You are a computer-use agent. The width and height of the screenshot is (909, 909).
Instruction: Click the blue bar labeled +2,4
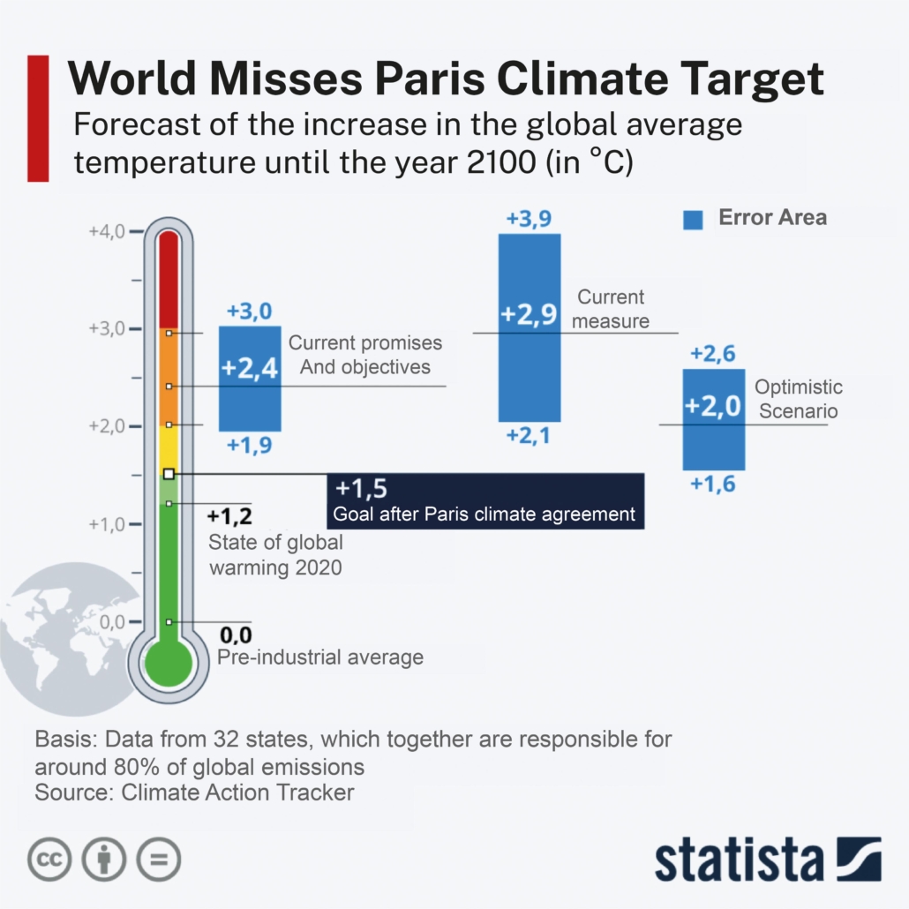point(250,378)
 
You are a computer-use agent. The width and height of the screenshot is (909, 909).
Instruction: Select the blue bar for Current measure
point(530,327)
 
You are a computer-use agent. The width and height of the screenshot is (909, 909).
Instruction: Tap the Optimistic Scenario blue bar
point(714,419)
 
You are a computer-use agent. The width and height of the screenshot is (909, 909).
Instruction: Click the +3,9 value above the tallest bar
point(530,218)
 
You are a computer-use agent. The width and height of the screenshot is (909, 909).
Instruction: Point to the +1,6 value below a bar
point(713,484)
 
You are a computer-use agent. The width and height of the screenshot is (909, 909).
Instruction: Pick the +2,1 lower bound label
point(530,434)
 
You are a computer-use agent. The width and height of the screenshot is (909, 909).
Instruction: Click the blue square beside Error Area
point(693,219)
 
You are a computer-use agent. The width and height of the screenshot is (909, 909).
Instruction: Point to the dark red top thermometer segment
point(169,278)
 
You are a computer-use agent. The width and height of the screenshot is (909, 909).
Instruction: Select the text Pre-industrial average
point(320,657)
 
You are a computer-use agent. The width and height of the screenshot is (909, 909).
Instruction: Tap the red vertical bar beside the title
point(38,118)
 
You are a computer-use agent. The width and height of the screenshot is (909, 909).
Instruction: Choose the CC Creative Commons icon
point(49,859)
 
